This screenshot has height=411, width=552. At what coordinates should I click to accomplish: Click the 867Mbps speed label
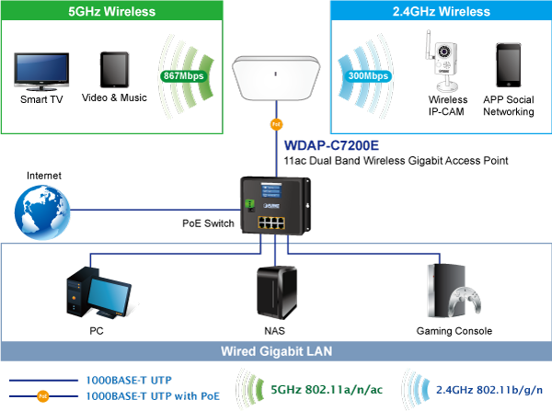[181, 75]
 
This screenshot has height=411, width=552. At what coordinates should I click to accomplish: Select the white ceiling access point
[276, 77]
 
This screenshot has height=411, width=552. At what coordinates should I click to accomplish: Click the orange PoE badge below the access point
[276, 123]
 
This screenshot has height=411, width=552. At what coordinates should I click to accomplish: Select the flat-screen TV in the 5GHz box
[41, 72]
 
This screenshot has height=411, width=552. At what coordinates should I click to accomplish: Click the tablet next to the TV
[113, 70]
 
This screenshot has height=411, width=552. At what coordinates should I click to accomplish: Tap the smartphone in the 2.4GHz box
[509, 64]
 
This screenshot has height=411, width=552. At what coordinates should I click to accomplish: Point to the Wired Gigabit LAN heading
[276, 351]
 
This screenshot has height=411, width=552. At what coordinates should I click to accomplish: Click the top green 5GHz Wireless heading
[111, 12]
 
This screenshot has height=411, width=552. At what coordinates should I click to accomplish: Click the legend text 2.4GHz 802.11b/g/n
[491, 389]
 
